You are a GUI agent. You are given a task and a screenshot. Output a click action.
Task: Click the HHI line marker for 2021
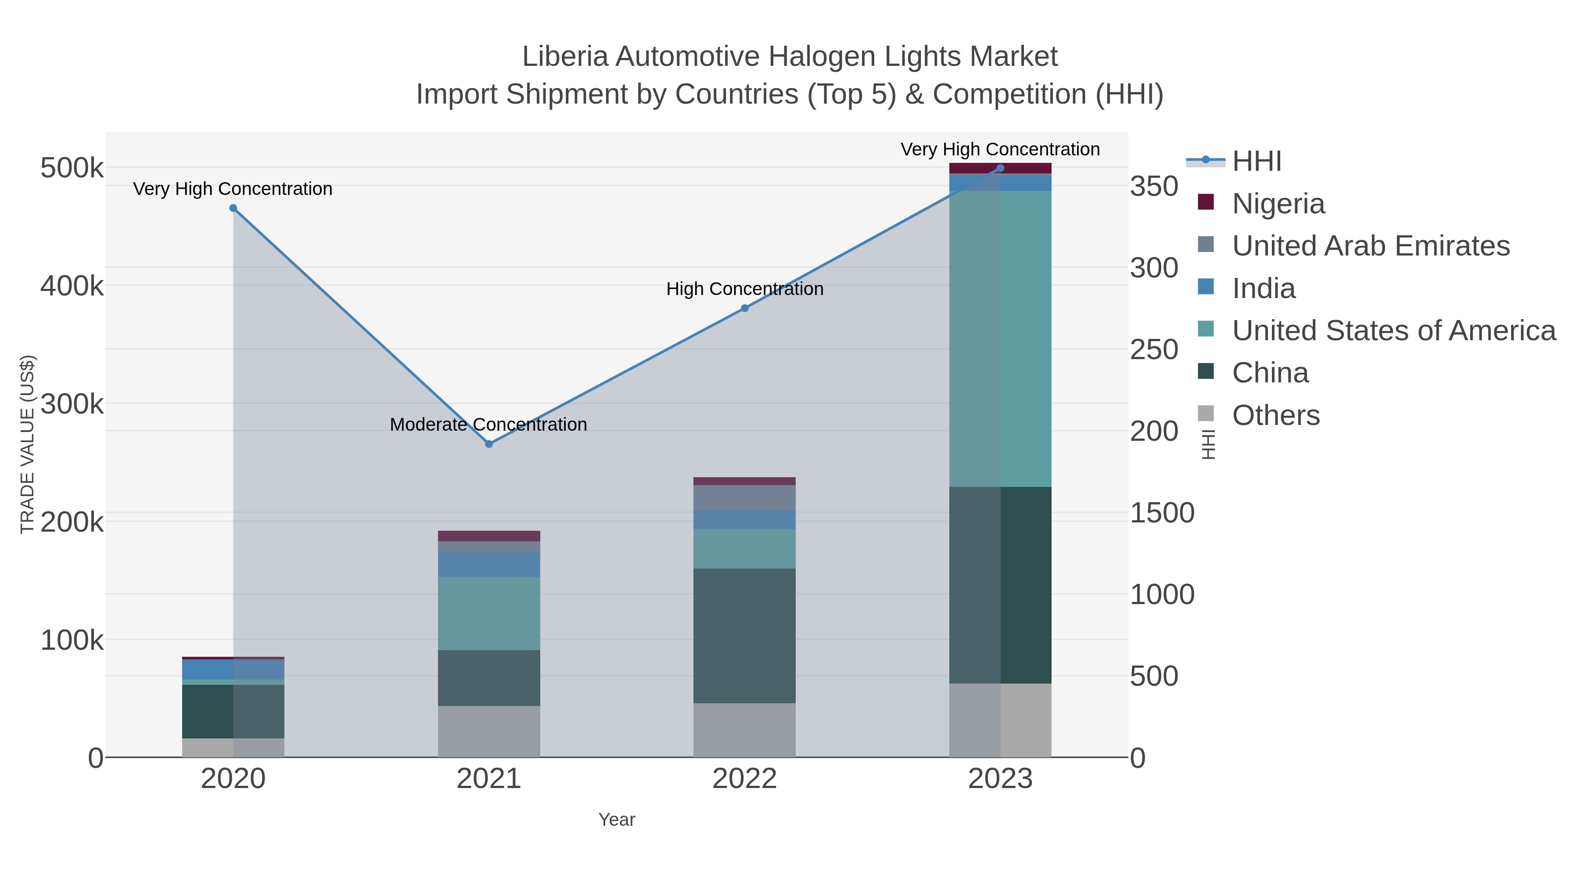click(x=489, y=443)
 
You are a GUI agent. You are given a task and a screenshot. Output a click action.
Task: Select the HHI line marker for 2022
click(x=745, y=308)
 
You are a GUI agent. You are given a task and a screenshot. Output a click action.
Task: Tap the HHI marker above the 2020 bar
click(x=233, y=208)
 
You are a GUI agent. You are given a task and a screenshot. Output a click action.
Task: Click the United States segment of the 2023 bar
click(x=1000, y=338)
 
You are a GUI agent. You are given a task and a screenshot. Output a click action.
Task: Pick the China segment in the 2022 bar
click(x=745, y=636)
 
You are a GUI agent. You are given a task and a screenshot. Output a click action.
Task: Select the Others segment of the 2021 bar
click(x=489, y=731)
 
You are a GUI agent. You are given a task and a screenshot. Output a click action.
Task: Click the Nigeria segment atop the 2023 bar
click(x=1000, y=168)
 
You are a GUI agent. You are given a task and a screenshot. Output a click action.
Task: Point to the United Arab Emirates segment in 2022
click(x=745, y=497)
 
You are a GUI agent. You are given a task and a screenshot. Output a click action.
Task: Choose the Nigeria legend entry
click(x=1278, y=203)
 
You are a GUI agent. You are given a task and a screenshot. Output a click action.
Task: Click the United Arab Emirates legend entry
click(x=1370, y=245)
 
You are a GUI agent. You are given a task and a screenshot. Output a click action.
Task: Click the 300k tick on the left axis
click(x=72, y=404)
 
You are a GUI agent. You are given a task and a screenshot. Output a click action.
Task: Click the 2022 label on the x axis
click(x=745, y=778)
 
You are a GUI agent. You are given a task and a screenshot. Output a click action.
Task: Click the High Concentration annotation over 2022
click(x=745, y=288)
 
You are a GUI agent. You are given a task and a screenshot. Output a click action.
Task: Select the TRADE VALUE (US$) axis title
click(x=28, y=444)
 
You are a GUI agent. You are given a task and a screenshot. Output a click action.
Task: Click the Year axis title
click(x=617, y=819)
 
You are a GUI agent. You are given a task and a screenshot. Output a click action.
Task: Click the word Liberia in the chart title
click(x=564, y=57)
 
